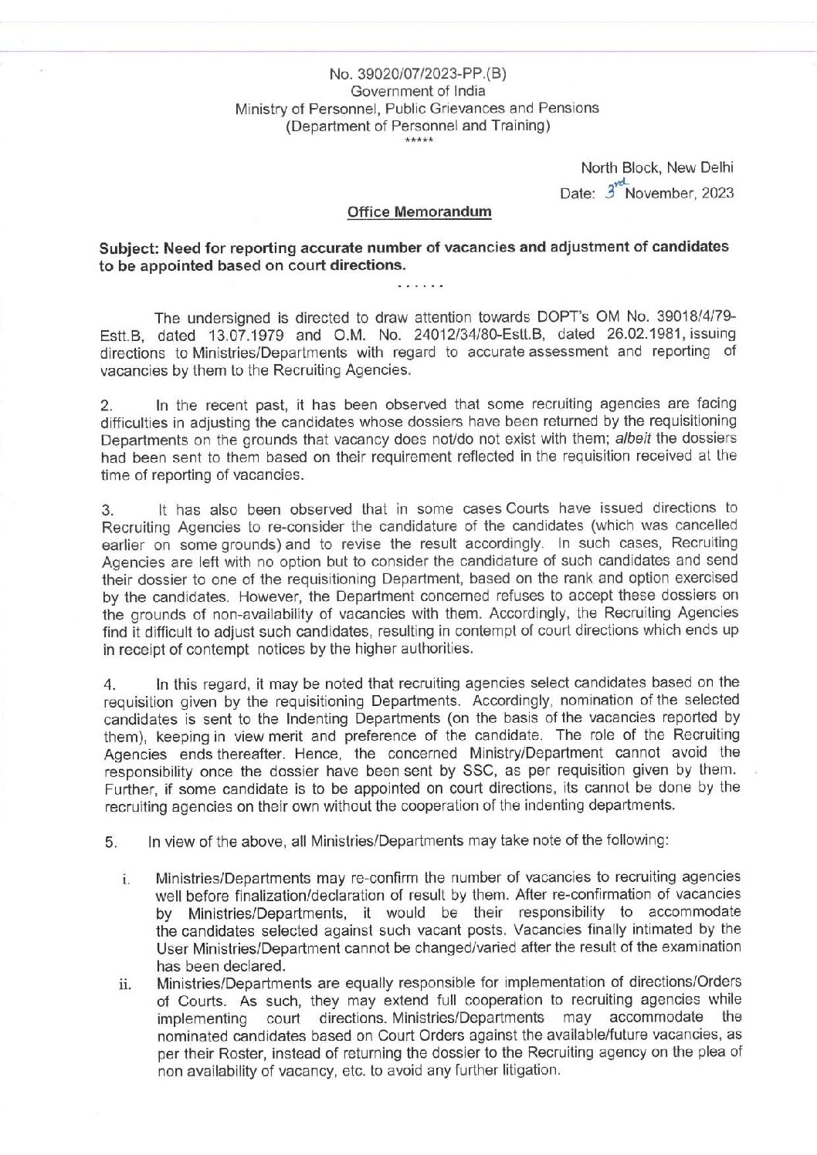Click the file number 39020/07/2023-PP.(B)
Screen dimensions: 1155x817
tap(418, 74)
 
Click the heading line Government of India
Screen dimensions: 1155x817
tap(418, 91)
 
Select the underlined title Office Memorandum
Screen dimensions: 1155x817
tap(419, 212)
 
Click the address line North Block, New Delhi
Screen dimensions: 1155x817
tap(657, 167)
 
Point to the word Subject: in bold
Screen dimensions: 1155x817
tap(128, 248)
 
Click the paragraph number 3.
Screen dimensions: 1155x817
tap(108, 510)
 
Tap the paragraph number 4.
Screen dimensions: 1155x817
tap(110, 685)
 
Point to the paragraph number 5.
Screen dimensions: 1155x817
tap(111, 842)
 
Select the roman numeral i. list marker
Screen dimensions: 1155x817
tap(124, 880)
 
